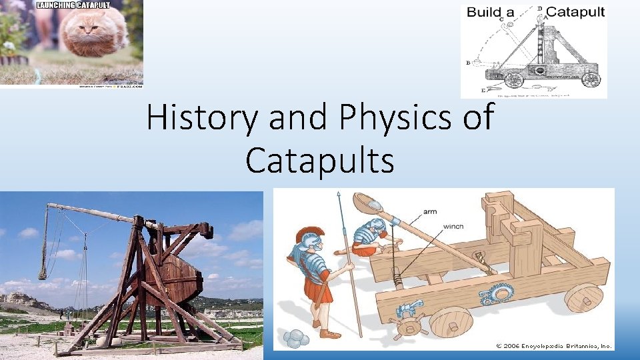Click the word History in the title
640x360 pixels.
tap(203, 119)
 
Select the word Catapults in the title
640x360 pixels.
tap(319, 160)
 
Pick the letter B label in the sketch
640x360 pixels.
tap(469, 63)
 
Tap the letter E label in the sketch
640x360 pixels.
tap(483, 89)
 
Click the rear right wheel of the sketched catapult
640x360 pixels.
tap(590, 80)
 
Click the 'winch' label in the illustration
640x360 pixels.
tap(453, 226)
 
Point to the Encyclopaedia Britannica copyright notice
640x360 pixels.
tap(553, 345)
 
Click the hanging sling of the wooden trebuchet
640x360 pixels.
tap(45, 243)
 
